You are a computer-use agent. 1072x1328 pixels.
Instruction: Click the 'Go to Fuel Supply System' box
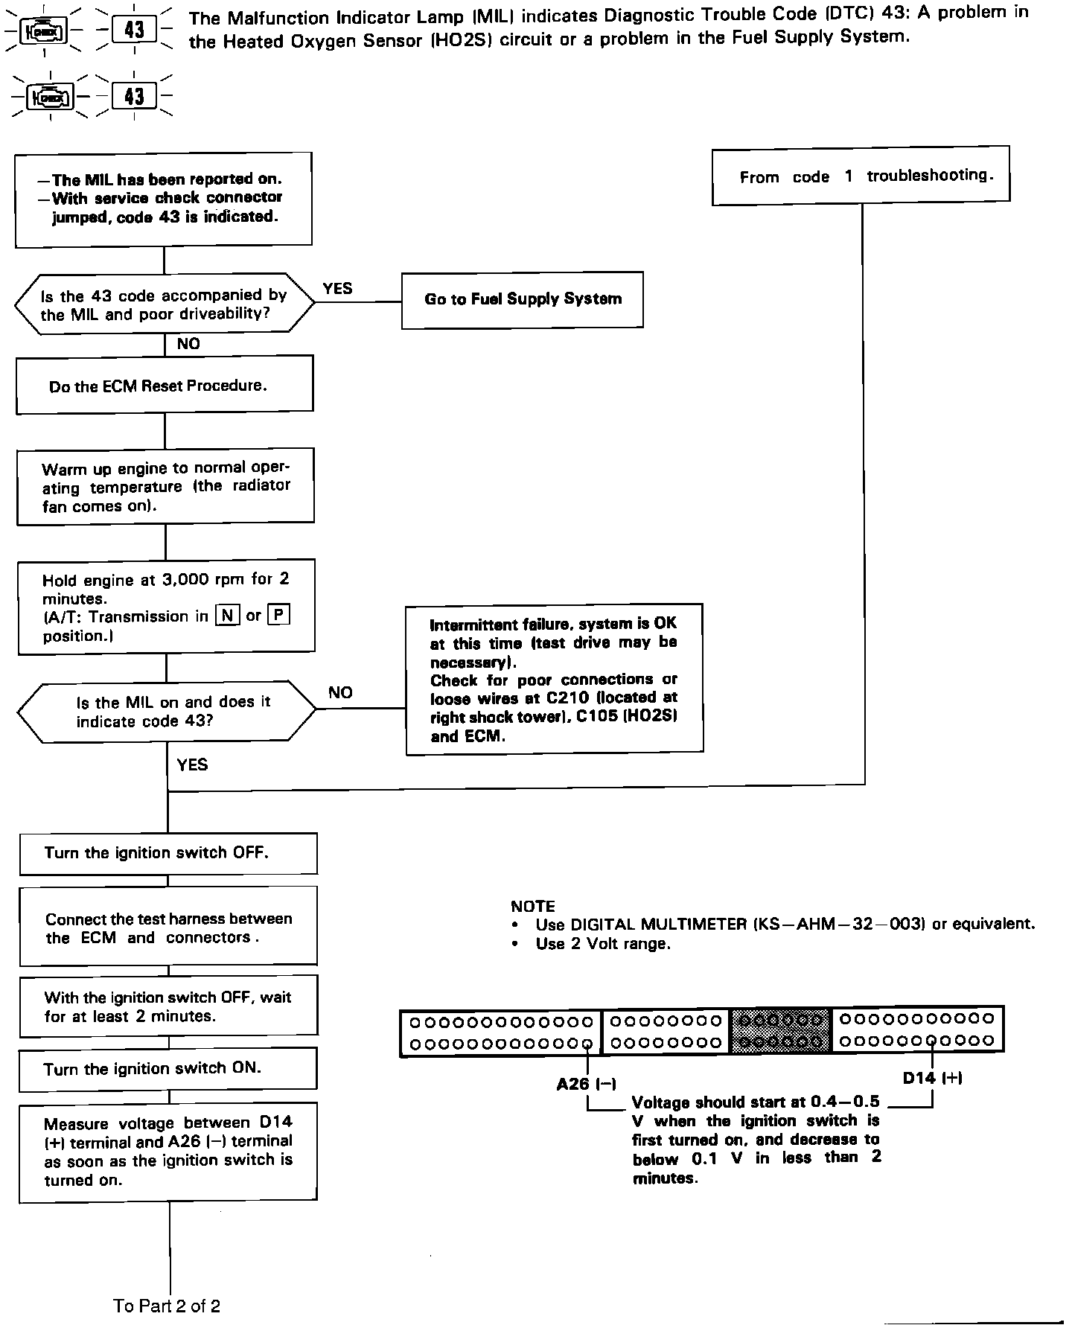522,299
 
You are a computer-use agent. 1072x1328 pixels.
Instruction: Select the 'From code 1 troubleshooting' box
861,176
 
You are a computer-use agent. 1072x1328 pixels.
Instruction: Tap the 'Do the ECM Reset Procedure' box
165,384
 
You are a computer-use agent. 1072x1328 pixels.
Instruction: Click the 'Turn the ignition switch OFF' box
167,853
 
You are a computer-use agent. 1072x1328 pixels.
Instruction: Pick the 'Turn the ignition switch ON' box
167,1068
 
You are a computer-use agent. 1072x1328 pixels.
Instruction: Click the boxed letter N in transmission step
227,616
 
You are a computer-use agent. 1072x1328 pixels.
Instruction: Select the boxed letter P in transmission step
278,616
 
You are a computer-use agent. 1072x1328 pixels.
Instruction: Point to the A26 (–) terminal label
586,1084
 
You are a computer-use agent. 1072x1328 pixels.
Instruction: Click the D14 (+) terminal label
932,1078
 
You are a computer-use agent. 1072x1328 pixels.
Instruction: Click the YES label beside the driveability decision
337,288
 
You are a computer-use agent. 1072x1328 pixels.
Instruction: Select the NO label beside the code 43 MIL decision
340,692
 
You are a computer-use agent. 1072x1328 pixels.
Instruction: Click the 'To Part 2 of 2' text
167,1306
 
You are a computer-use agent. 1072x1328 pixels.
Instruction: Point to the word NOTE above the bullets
533,906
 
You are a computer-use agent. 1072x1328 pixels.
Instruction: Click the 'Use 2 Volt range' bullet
602,944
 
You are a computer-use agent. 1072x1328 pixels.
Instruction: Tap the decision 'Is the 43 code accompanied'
165,304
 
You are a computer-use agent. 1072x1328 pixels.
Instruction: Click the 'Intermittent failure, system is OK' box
554,679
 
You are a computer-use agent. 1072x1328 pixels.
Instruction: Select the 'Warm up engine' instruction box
165,486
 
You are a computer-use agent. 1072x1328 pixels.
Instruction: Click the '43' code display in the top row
134,30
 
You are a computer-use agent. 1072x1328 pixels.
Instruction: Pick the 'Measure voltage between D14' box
167,1151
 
